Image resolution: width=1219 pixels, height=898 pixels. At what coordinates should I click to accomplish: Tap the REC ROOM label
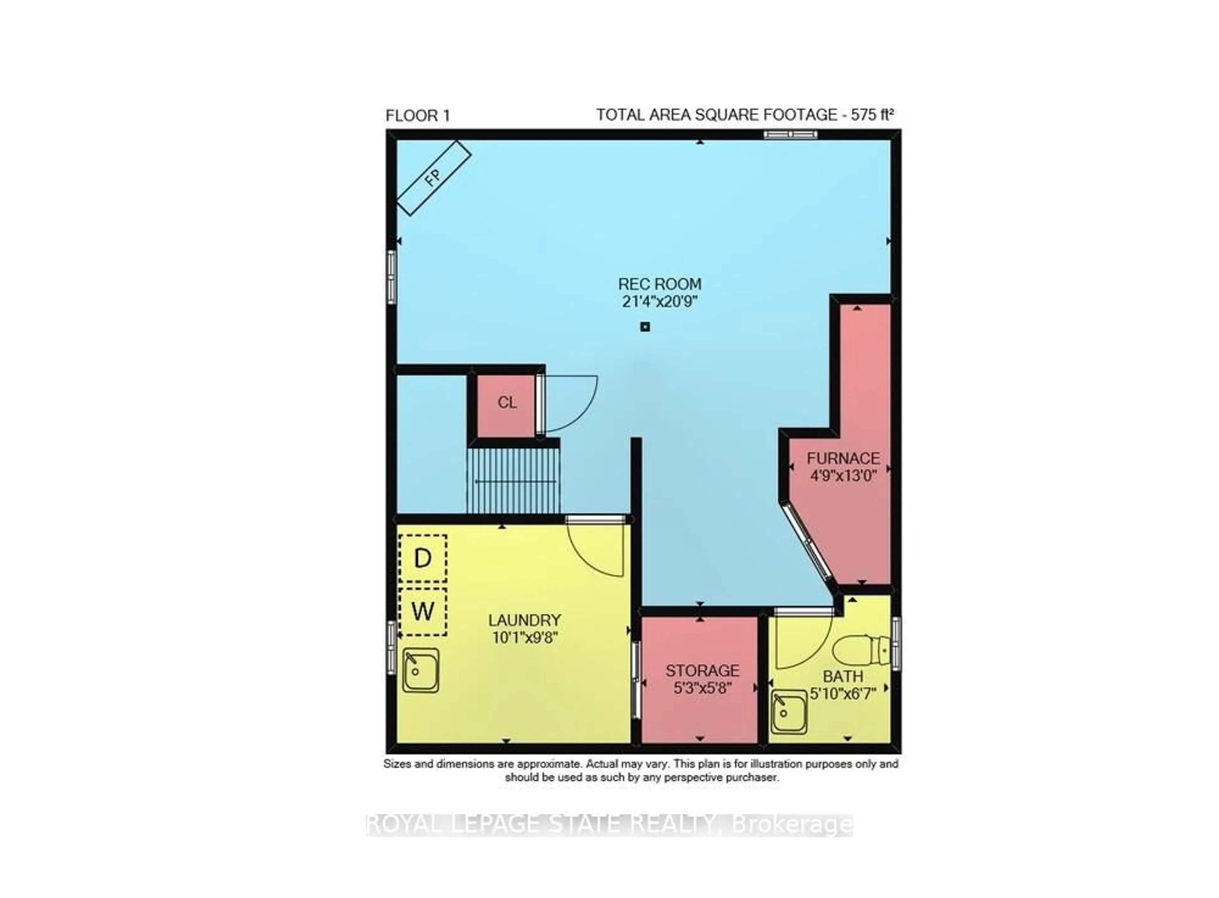(x=659, y=284)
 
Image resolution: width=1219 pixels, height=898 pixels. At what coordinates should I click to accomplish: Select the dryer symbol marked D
(x=423, y=558)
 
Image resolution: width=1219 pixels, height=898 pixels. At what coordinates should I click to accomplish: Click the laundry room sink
(x=420, y=670)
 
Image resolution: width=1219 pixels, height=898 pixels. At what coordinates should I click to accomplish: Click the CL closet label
(x=507, y=403)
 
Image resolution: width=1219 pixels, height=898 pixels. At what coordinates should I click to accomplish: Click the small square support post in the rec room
(x=645, y=327)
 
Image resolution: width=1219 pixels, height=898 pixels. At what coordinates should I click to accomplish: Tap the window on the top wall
(x=790, y=134)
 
